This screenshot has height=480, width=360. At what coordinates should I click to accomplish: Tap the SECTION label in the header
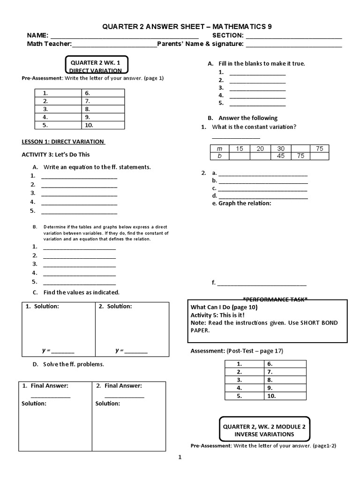(x=228, y=36)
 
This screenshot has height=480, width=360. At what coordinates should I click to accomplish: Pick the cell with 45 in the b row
(x=280, y=156)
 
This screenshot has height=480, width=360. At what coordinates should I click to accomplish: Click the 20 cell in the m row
(x=260, y=149)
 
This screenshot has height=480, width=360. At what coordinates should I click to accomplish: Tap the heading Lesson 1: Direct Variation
(x=63, y=142)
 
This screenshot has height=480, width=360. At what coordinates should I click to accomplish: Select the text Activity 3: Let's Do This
(x=56, y=154)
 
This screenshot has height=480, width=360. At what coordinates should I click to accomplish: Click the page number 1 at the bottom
(x=180, y=457)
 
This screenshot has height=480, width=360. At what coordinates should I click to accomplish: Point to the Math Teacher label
(x=49, y=44)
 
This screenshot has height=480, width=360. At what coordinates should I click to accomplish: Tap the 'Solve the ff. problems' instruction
(x=74, y=364)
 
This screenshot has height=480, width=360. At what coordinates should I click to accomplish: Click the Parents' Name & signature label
(x=200, y=44)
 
